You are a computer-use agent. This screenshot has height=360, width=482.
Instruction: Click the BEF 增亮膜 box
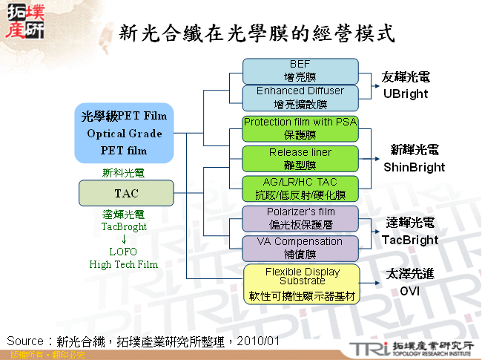pos(300,70)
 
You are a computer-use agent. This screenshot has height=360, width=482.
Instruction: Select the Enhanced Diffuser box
pos(300,97)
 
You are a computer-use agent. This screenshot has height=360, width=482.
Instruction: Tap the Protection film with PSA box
pos(300,128)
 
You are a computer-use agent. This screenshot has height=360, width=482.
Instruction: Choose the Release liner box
pos(300,158)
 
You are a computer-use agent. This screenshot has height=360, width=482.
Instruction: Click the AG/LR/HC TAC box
pos(300,189)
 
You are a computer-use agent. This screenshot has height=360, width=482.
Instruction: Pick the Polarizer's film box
pos(300,218)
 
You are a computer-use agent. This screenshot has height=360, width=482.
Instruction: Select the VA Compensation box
pos(300,247)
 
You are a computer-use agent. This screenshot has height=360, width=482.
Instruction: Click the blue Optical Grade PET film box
pos(124,134)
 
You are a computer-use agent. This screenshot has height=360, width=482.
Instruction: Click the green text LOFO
pos(124,252)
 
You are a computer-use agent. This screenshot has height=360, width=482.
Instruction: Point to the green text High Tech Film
pos(124,264)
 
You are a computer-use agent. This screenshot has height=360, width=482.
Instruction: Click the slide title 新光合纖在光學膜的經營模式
pos(257,33)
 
